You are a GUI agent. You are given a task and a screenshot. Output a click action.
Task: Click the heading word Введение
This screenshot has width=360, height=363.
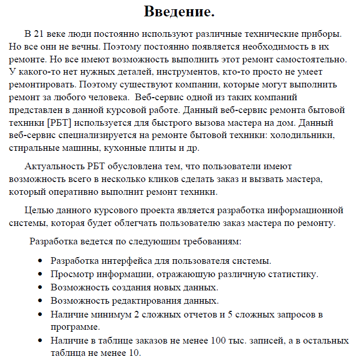tap(179, 11)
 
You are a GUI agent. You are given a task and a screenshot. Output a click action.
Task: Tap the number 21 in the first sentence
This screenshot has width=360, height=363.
tap(38, 34)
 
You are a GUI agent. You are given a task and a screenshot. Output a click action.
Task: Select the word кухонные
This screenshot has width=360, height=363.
tap(123, 148)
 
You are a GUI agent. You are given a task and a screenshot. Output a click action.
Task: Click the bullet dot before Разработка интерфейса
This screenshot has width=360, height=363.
tap(40, 261)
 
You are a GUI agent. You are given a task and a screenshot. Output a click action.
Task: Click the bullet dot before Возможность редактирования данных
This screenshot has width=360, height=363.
tap(40, 301)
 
